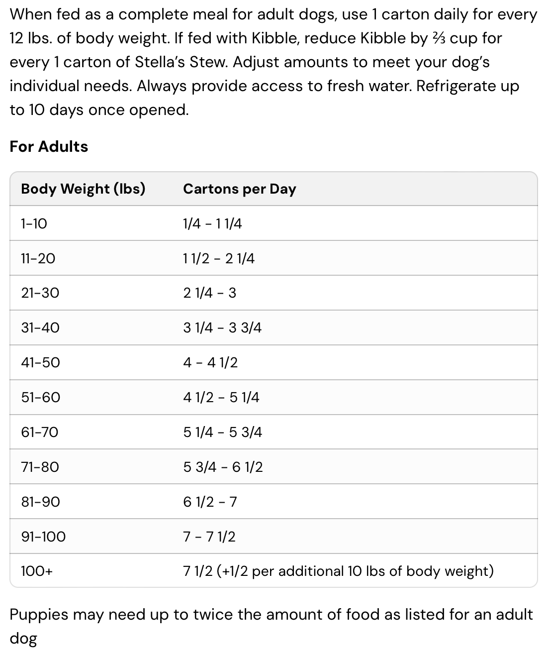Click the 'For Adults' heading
[49, 146]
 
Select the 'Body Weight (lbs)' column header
[83, 189]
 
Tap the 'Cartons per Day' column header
[239, 189]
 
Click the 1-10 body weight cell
[34, 223]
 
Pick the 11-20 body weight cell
[38, 258]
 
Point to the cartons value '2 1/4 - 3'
[209, 293]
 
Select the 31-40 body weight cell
[40, 328]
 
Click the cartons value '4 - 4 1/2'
[210, 362]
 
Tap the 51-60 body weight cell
[40, 397]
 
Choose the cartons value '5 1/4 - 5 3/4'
[222, 432]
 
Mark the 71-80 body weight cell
[40, 467]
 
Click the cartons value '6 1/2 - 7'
[210, 502]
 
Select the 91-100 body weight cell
[43, 537]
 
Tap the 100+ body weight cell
[36, 571]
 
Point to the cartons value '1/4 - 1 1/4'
[212, 223]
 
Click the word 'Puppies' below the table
[39, 615]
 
